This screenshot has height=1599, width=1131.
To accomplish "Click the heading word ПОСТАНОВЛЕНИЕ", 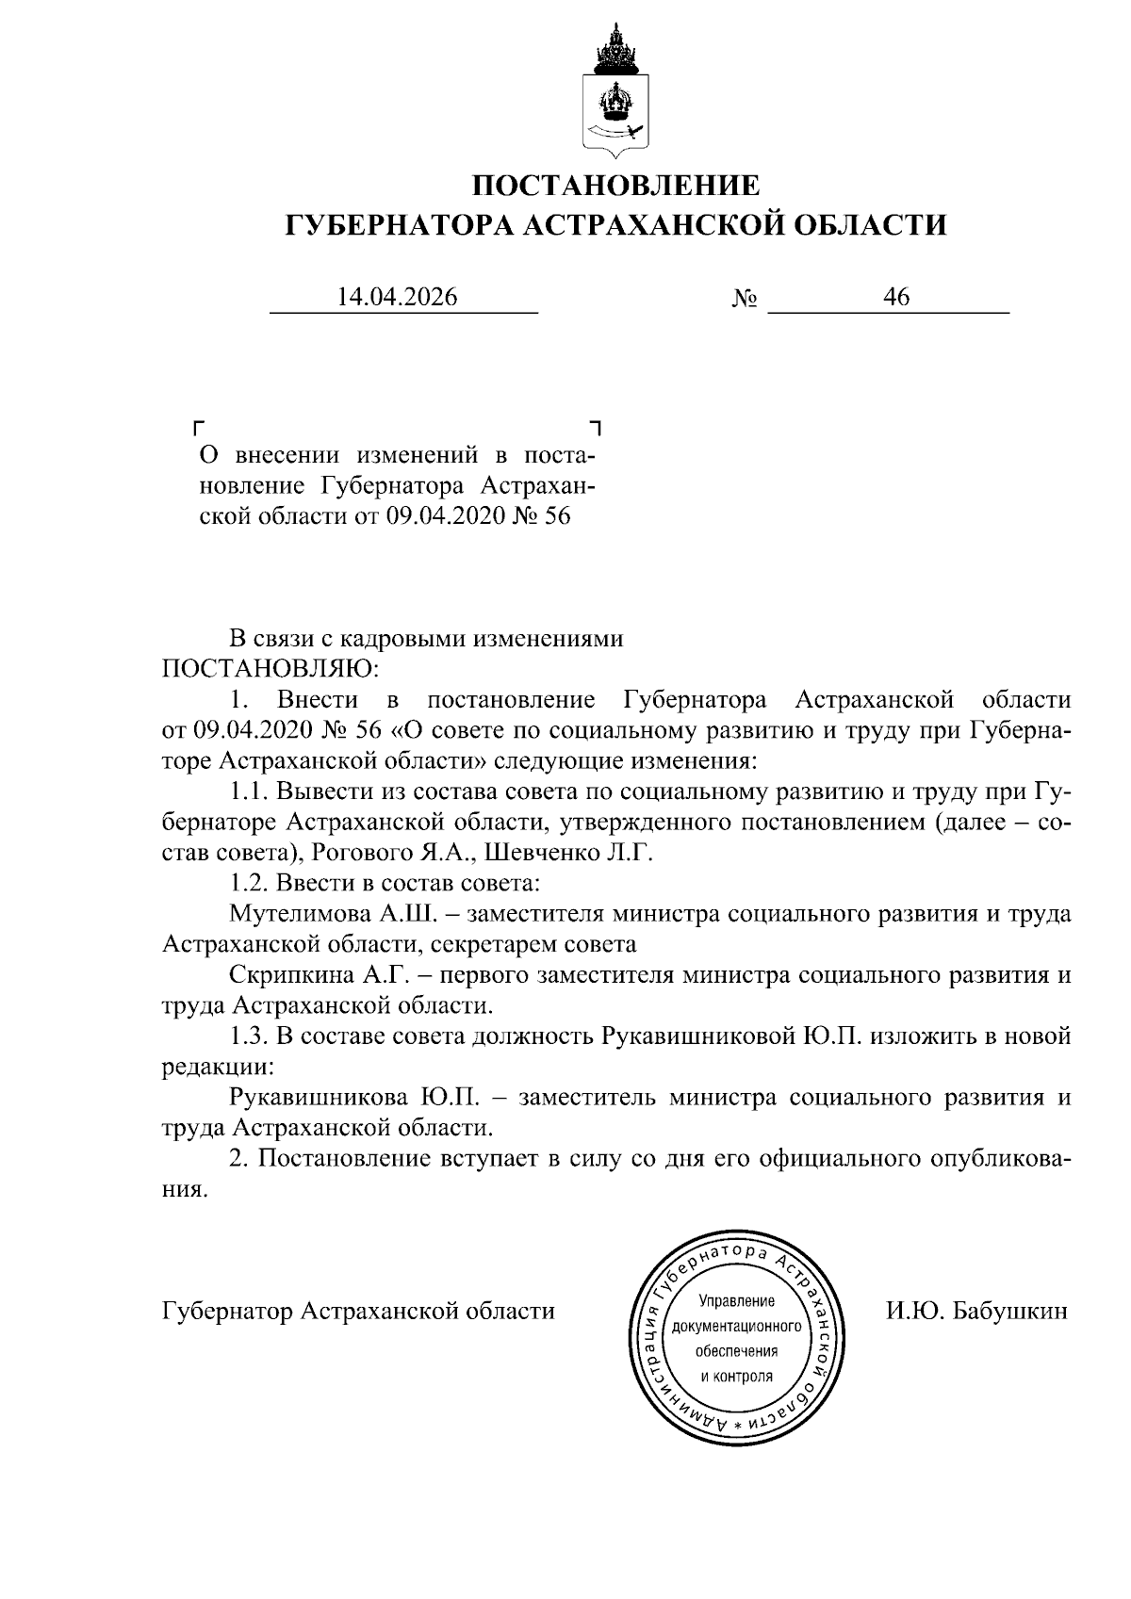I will (x=615, y=185).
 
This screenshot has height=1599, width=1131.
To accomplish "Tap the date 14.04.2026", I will (x=397, y=298).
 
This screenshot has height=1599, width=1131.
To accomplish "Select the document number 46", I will (x=895, y=298).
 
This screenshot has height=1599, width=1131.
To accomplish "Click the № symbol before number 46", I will (x=745, y=300).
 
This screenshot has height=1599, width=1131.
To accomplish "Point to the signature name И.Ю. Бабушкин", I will (x=975, y=1311).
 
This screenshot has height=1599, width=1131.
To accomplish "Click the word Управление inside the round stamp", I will (x=736, y=1302).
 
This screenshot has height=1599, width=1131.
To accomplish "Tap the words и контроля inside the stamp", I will (x=736, y=1376).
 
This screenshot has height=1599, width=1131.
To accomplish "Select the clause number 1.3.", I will (x=248, y=1036).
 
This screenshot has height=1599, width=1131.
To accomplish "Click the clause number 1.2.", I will (x=248, y=884).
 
